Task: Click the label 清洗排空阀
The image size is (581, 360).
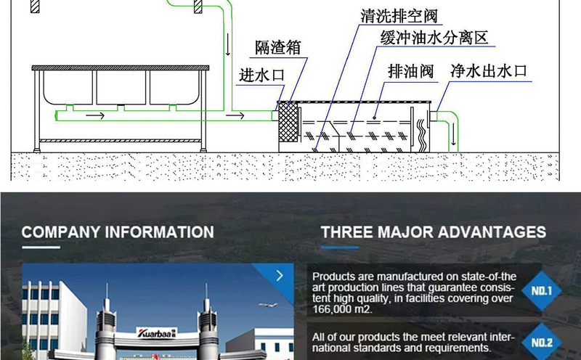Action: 400,15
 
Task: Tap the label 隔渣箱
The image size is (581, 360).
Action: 277,49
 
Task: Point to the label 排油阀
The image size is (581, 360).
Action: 410,71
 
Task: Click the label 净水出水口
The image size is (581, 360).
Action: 487,71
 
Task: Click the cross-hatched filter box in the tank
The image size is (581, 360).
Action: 289,122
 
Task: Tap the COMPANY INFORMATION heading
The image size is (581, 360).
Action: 118,232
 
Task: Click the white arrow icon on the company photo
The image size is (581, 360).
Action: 280,276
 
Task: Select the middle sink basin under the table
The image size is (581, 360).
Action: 121,87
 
